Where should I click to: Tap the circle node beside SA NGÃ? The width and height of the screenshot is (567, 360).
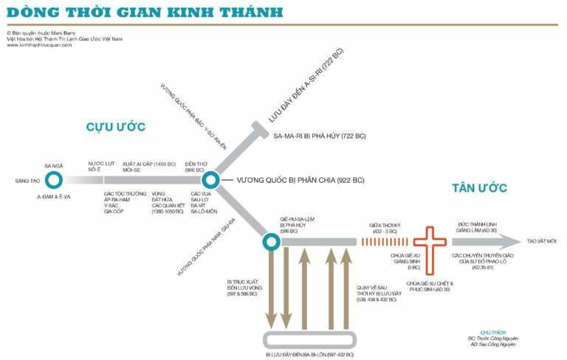click(x=54, y=180)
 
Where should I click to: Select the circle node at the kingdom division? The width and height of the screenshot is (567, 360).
click(x=210, y=180)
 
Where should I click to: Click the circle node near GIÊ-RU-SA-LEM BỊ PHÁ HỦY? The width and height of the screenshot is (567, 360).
click(x=271, y=242)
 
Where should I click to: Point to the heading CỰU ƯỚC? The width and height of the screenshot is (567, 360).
click(x=116, y=126)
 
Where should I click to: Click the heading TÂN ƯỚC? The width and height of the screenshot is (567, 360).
click(x=479, y=187)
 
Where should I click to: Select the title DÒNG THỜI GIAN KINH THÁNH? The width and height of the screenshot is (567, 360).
click(x=145, y=12)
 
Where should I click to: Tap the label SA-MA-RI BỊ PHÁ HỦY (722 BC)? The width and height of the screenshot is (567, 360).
click(x=320, y=136)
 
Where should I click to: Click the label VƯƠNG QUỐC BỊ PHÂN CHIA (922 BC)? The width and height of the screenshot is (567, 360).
click(x=300, y=180)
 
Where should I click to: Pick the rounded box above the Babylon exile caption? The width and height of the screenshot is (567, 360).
click(x=309, y=340)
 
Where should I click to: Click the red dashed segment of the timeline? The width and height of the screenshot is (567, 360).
click(x=385, y=242)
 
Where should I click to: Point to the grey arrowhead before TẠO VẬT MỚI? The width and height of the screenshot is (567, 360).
click(x=509, y=241)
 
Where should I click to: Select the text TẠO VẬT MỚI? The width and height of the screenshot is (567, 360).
click(x=541, y=241)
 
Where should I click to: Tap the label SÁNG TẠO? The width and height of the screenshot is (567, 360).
click(x=27, y=180)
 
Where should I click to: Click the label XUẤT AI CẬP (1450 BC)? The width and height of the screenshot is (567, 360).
click(x=149, y=164)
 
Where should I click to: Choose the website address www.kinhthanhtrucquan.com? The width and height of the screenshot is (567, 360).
click(x=39, y=45)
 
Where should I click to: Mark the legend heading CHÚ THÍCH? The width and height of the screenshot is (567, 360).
click(x=493, y=333)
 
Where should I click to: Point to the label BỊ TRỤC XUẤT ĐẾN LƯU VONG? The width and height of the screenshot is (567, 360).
click(x=245, y=285)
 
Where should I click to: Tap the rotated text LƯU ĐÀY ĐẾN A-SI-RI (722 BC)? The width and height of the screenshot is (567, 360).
click(x=306, y=86)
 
